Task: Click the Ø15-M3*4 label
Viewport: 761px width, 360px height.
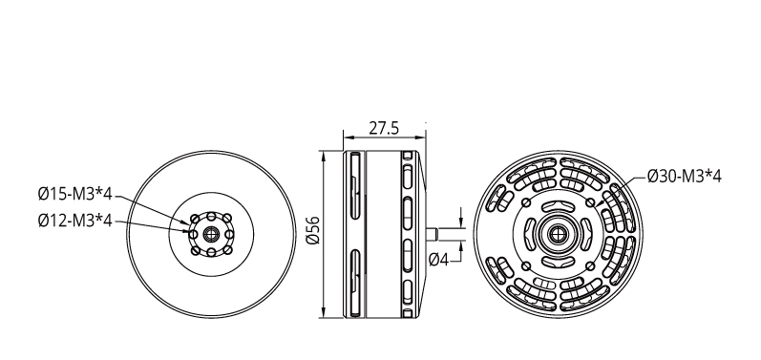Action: [74, 195]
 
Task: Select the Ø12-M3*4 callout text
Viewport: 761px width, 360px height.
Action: [74, 221]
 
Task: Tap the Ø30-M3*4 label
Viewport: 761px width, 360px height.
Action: [685, 176]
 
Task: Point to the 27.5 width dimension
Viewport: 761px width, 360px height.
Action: [384, 128]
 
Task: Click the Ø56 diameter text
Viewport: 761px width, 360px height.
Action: [313, 230]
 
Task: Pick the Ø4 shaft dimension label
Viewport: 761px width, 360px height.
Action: [438, 260]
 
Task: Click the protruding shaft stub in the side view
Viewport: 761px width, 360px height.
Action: [432, 234]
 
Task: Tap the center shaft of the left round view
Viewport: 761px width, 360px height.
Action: [211, 234]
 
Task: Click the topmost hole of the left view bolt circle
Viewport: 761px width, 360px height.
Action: [211, 217]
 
